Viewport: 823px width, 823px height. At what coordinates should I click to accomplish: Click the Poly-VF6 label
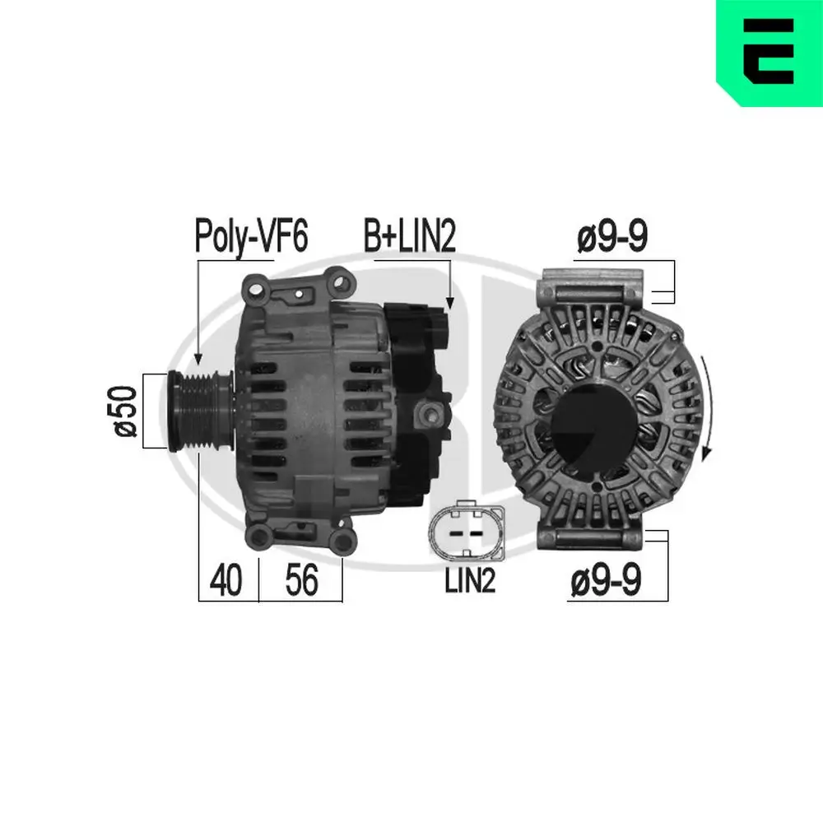pos(250,237)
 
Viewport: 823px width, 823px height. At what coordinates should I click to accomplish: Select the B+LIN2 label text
pos(410,237)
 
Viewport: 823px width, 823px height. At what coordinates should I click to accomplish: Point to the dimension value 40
pos(226,581)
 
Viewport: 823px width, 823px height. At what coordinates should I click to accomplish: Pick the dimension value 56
pos(301,581)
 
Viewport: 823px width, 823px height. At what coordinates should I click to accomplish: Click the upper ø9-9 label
pos(612,238)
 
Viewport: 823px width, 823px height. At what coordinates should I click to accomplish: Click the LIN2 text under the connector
pos(469,582)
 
